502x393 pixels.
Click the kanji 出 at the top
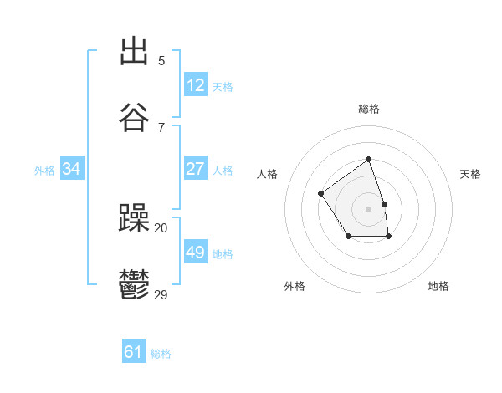pos(134,52)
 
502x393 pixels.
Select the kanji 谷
pos(134,117)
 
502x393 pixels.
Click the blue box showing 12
pos(196,85)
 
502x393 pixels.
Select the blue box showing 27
pos(196,169)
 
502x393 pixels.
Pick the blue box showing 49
pos(196,253)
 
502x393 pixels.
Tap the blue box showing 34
pos(72,169)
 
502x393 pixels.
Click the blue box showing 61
pos(134,352)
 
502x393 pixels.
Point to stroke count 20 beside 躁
pos(161,227)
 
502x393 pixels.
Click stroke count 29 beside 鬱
pos(161,293)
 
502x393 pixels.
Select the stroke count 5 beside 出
pos(161,60)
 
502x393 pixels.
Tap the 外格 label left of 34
pos(44,170)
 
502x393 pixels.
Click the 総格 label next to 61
pos(161,354)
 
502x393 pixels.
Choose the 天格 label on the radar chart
pos(470,174)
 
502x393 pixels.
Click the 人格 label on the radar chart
pos(268,174)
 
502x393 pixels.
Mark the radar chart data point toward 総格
pos(368,159)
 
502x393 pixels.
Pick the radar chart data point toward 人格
pos(321,194)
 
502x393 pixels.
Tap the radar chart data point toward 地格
pos(388,237)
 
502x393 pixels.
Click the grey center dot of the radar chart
pos(368,208)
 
